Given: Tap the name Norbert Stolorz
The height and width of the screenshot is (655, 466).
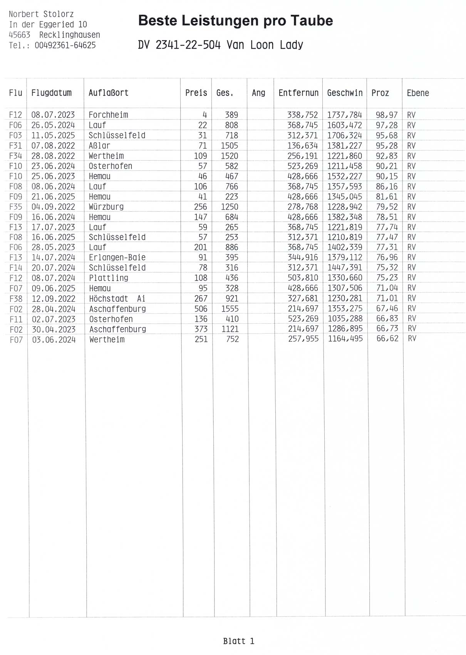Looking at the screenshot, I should (41, 14).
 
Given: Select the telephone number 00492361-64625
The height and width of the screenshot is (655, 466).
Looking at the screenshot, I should (65, 45).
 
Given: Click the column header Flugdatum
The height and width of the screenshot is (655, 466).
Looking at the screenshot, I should (52, 93).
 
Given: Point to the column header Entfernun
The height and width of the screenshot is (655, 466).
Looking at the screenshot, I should (298, 93).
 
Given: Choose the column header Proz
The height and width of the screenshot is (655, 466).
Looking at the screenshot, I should (380, 93).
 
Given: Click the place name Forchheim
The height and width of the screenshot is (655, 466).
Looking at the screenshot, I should (108, 115).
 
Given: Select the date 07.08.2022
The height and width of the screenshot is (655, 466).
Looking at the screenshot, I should (53, 146).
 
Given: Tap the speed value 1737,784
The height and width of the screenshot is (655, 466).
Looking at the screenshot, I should (345, 115).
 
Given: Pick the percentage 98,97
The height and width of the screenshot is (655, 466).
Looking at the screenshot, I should (387, 115).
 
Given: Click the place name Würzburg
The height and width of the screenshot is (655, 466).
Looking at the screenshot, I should (106, 207).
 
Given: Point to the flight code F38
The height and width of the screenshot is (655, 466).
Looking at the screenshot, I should (16, 299).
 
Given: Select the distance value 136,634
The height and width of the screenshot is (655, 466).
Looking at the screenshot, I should (303, 146).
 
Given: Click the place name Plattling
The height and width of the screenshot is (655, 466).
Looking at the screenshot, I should (109, 278).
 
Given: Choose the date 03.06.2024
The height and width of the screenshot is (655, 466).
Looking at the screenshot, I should (54, 340).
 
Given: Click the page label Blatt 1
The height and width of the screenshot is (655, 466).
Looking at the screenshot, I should (239, 641).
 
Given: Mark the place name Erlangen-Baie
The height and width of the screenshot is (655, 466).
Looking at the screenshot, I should (117, 258).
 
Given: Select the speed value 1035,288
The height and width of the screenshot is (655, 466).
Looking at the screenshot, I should (345, 319).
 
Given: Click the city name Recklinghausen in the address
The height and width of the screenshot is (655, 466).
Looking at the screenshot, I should (70, 35).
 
